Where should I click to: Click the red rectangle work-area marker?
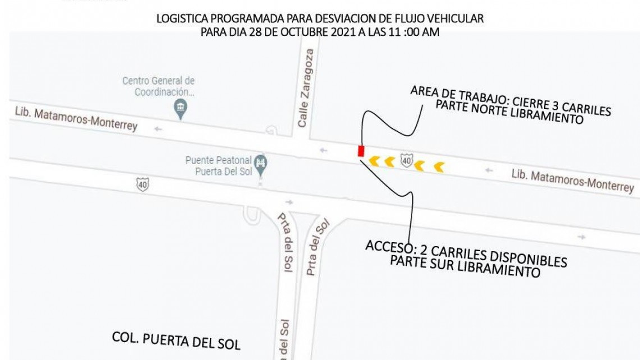tap(361, 151)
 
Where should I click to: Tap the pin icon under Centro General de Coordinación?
tap(180, 110)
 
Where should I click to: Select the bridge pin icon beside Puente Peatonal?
tap(260, 164)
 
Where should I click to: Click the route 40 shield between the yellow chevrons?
tap(406, 162)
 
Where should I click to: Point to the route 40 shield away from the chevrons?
tap(143, 184)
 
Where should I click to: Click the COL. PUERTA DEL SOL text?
tap(176, 340)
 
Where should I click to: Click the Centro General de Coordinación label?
tap(158, 86)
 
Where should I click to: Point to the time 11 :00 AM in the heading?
tap(413, 32)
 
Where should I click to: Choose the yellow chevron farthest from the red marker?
tap(438, 167)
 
